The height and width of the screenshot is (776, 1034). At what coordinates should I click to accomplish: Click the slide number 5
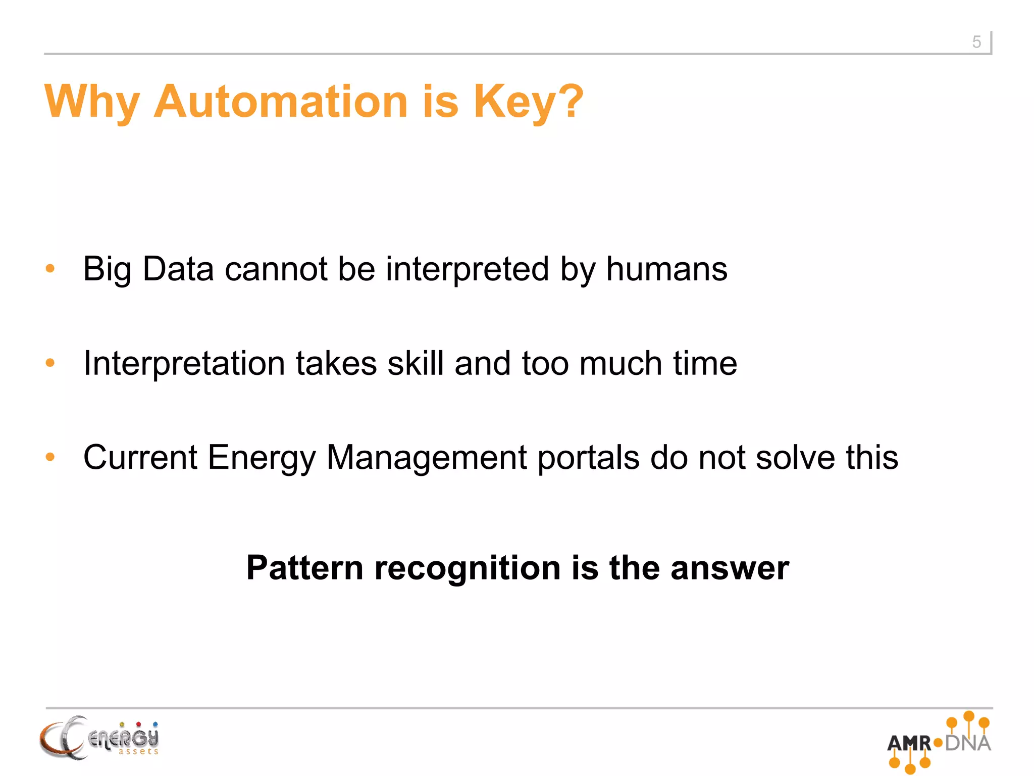coord(976,42)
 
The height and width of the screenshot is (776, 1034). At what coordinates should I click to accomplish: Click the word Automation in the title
coord(281,102)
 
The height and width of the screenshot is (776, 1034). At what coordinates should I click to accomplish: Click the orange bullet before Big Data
coord(50,268)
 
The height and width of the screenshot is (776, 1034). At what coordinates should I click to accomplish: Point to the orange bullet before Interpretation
coord(50,363)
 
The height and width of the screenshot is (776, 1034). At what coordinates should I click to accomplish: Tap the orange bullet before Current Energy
coord(50,457)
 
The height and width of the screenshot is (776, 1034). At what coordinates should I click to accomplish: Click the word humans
coord(666,269)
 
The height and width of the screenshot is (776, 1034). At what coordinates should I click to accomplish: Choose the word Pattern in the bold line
coord(304,568)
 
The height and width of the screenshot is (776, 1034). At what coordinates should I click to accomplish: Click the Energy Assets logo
coord(99,738)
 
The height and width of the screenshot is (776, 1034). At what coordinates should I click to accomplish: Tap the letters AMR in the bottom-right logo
coord(909,743)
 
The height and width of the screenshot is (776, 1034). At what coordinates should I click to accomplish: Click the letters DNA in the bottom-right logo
coord(968,743)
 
